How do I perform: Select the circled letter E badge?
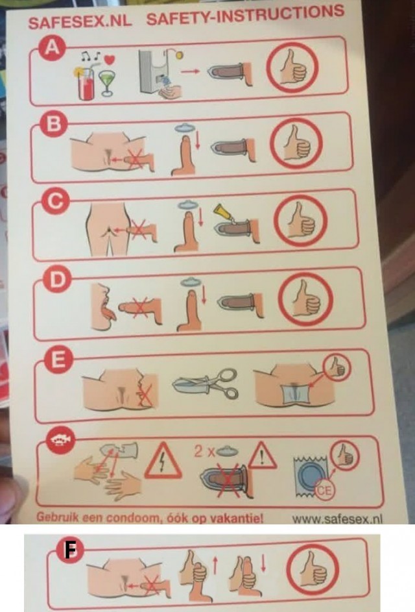[58, 359]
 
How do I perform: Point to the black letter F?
[70, 550]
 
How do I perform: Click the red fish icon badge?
[61, 440]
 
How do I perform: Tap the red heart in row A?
[110, 60]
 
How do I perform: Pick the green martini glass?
[106, 82]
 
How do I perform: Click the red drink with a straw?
[86, 82]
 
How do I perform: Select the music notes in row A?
[91, 56]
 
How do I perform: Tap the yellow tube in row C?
[222, 213]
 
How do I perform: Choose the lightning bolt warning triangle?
[163, 461]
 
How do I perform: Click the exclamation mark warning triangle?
[262, 455]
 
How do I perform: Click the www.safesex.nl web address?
[337, 519]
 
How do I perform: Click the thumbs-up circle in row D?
[307, 300]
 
